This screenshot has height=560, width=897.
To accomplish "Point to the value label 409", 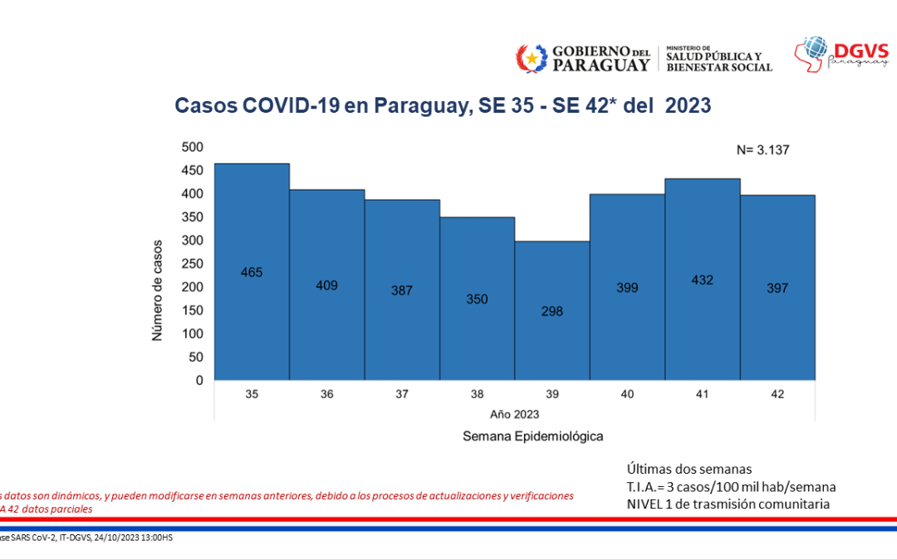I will [326, 285].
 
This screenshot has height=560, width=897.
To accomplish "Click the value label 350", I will [477, 299].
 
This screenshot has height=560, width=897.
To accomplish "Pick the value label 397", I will [777, 288].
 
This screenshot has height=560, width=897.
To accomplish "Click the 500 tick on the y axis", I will [192, 147].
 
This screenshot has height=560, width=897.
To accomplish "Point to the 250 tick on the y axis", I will [192, 264].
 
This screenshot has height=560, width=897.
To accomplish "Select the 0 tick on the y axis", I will [199, 381].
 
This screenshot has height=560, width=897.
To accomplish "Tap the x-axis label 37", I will [402, 394].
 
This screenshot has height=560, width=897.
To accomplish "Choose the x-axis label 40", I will [627, 394].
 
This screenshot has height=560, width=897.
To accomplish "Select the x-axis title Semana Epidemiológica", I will [532, 436].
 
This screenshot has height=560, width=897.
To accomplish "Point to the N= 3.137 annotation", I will [762, 150].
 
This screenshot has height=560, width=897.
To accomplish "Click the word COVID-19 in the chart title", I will [287, 105].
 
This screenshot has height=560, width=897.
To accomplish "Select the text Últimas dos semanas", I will [690, 468].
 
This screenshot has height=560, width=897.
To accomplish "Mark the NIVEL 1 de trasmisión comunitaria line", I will [728, 504].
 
